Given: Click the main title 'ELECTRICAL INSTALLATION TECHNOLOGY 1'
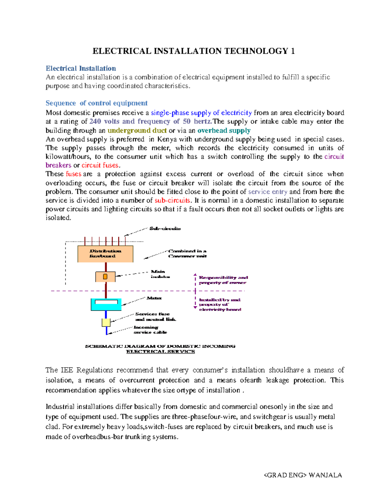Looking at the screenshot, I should pyautogui.click(x=193, y=51).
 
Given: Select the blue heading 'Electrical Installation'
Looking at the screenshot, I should pyautogui.click(x=81, y=68).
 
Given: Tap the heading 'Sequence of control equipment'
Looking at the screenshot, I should pyautogui.click(x=96, y=103).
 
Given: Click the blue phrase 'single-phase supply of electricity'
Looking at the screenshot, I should pyautogui.click(x=201, y=112).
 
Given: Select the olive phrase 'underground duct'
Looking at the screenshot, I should pyautogui.click(x=137, y=130).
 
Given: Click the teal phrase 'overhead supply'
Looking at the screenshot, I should pyautogui.click(x=224, y=130).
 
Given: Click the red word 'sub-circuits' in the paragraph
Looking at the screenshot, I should pyautogui.click(x=173, y=200).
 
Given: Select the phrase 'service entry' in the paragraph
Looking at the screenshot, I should pyautogui.click(x=267, y=191).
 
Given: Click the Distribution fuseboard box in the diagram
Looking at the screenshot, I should pyautogui.click(x=105, y=254).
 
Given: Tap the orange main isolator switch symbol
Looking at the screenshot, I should pyautogui.click(x=105, y=277).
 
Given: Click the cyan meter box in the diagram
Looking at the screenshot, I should pyautogui.click(x=106, y=304).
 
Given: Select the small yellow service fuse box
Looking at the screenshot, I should pyautogui.click(x=106, y=322).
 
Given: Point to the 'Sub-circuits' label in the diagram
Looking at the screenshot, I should pyautogui.click(x=165, y=229).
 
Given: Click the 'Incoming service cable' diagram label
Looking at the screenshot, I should pyautogui.click(x=150, y=330).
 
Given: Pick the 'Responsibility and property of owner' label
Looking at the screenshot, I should pyautogui.click(x=223, y=280).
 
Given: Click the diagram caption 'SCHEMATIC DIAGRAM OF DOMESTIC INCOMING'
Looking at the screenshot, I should pyautogui.click(x=160, y=346).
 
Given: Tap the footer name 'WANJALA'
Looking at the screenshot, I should pyautogui.click(x=325, y=475).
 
